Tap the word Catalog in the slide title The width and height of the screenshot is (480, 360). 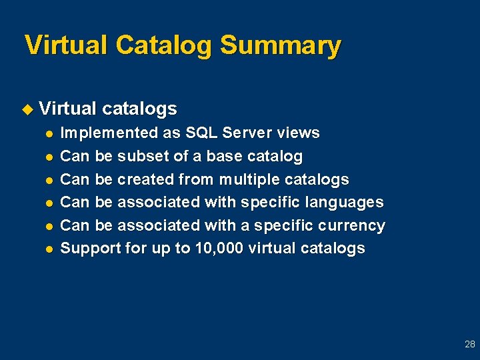pyautogui.click(x=164, y=46)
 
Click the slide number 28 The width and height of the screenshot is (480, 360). pyautogui.click(x=469, y=345)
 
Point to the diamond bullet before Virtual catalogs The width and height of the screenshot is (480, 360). pyautogui.click(x=27, y=109)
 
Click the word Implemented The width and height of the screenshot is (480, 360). pyautogui.click(x=110, y=133)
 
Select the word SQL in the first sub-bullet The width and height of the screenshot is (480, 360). pyautogui.click(x=202, y=133)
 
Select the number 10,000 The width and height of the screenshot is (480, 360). pyautogui.click(x=220, y=248)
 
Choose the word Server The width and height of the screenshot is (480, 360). pyautogui.click(x=248, y=133)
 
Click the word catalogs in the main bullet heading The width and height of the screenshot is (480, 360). pyautogui.click(x=139, y=108)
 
